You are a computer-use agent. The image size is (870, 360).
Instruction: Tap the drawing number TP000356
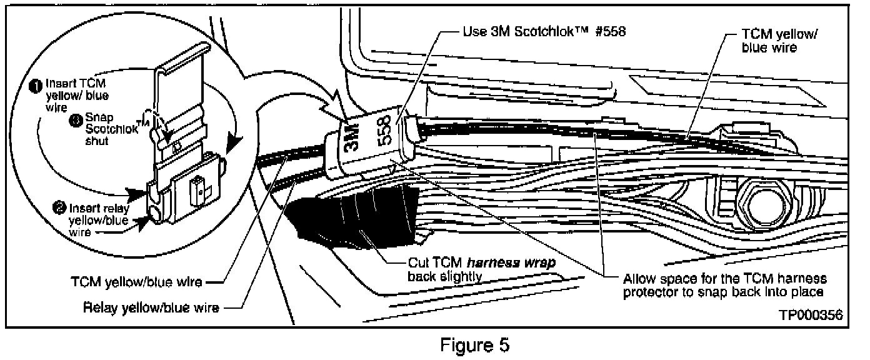810,316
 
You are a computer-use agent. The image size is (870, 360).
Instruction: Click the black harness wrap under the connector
356,216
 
